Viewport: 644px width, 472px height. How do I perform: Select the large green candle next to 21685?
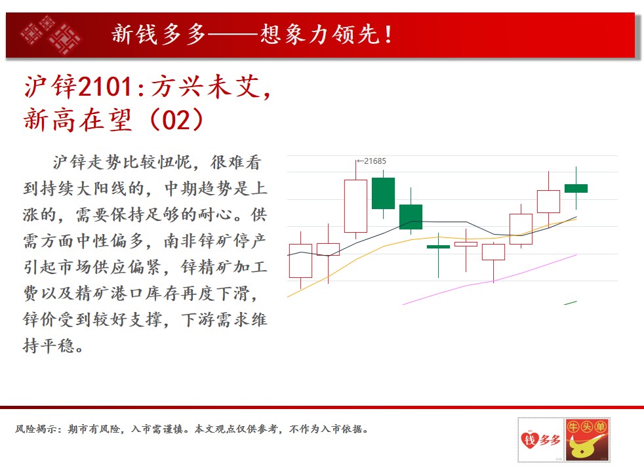click(x=383, y=193)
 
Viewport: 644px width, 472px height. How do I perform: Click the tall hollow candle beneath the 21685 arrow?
click(x=355, y=205)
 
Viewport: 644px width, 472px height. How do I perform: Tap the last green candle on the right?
click(x=576, y=188)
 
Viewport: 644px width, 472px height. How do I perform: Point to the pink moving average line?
click(x=490, y=280)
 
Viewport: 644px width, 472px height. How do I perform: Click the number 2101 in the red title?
click(x=105, y=87)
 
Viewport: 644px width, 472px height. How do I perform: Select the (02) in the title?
click(x=176, y=119)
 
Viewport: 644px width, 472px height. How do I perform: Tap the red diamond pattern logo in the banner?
click(x=50, y=35)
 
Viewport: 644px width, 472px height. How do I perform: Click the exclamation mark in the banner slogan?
click(x=388, y=35)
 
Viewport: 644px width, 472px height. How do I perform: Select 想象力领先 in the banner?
click(x=320, y=34)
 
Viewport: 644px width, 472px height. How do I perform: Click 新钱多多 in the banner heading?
click(x=159, y=34)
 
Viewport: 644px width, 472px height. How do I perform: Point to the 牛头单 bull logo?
click(x=588, y=440)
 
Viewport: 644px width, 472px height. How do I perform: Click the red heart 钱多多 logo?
click(x=540, y=441)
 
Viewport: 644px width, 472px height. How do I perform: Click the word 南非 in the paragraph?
click(x=181, y=241)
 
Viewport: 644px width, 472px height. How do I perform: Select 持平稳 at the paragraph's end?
click(x=49, y=345)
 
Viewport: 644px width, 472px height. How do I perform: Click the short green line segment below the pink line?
click(x=571, y=303)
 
